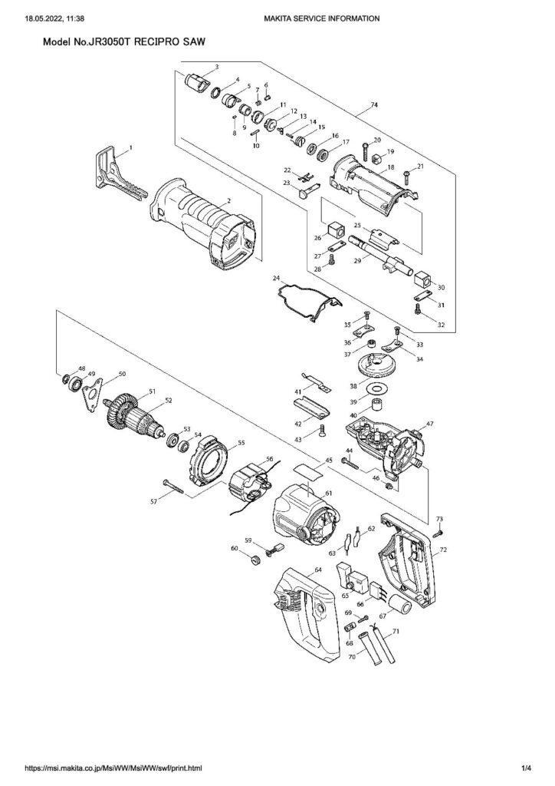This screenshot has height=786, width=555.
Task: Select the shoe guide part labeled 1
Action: [x=112, y=173]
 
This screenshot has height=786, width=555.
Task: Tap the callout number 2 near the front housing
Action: [x=228, y=201]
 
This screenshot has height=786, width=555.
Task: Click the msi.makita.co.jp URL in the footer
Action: [x=114, y=768]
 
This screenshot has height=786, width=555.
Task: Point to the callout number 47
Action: [x=430, y=424]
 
